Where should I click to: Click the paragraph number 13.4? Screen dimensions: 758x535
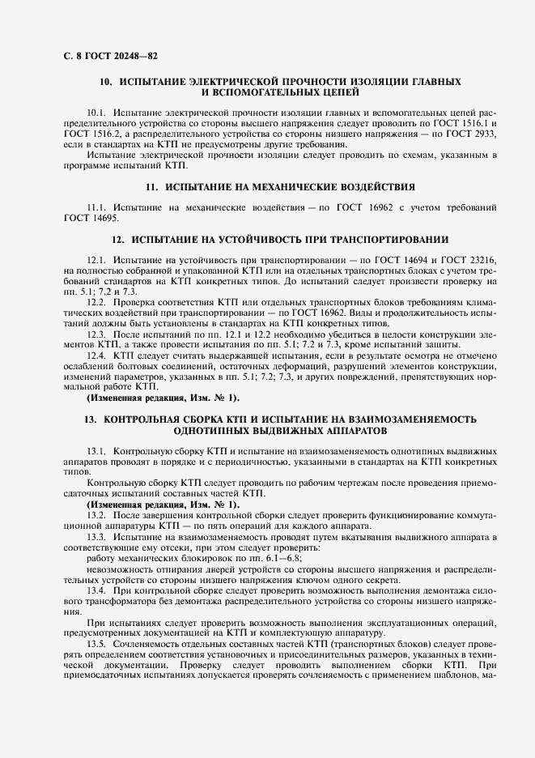tap(97, 590)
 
